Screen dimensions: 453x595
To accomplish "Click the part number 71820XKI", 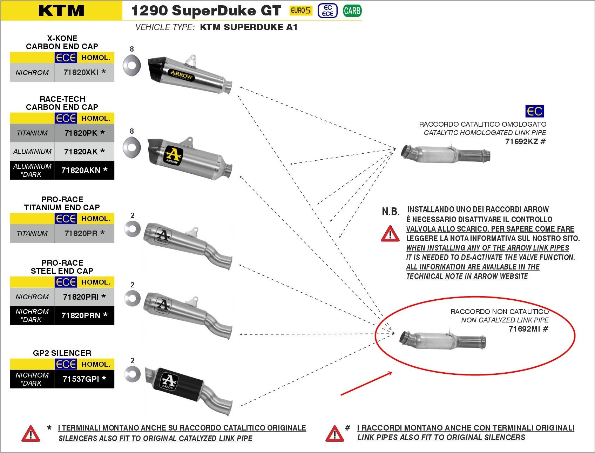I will click(81, 73).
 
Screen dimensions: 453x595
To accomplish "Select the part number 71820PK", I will click(80, 133).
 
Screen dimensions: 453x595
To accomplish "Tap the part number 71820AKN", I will click(80, 170).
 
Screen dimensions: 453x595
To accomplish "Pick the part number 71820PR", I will click(81, 233).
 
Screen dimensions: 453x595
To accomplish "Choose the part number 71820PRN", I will click(81, 315).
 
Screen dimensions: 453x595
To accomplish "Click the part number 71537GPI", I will click(81, 379).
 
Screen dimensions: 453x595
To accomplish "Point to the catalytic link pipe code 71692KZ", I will click(522, 141).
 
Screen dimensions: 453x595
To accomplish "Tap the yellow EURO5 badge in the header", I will click(300, 11).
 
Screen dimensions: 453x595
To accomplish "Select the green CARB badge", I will click(352, 11).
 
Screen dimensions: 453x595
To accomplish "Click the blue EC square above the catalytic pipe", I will click(535, 111).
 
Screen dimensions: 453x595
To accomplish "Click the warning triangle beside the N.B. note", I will click(390, 234).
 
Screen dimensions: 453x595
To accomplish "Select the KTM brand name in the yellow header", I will click(61, 11).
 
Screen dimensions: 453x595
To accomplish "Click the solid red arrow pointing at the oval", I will click(366, 384).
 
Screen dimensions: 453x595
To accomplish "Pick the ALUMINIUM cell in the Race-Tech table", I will click(32, 152).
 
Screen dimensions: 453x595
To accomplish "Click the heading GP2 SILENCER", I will click(62, 353).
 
